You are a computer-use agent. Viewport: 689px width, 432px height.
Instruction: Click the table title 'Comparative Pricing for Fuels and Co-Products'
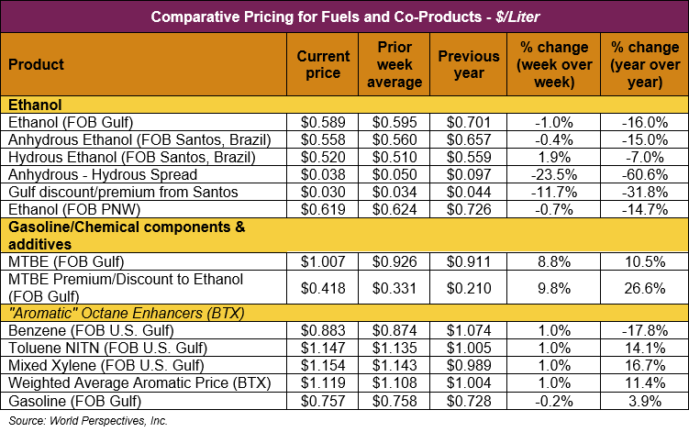(x=344, y=17)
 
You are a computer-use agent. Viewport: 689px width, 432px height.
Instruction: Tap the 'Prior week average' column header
(x=399, y=65)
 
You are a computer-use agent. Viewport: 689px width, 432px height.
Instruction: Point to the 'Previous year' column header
(x=468, y=65)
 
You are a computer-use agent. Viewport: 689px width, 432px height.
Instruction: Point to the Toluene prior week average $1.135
(x=399, y=347)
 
